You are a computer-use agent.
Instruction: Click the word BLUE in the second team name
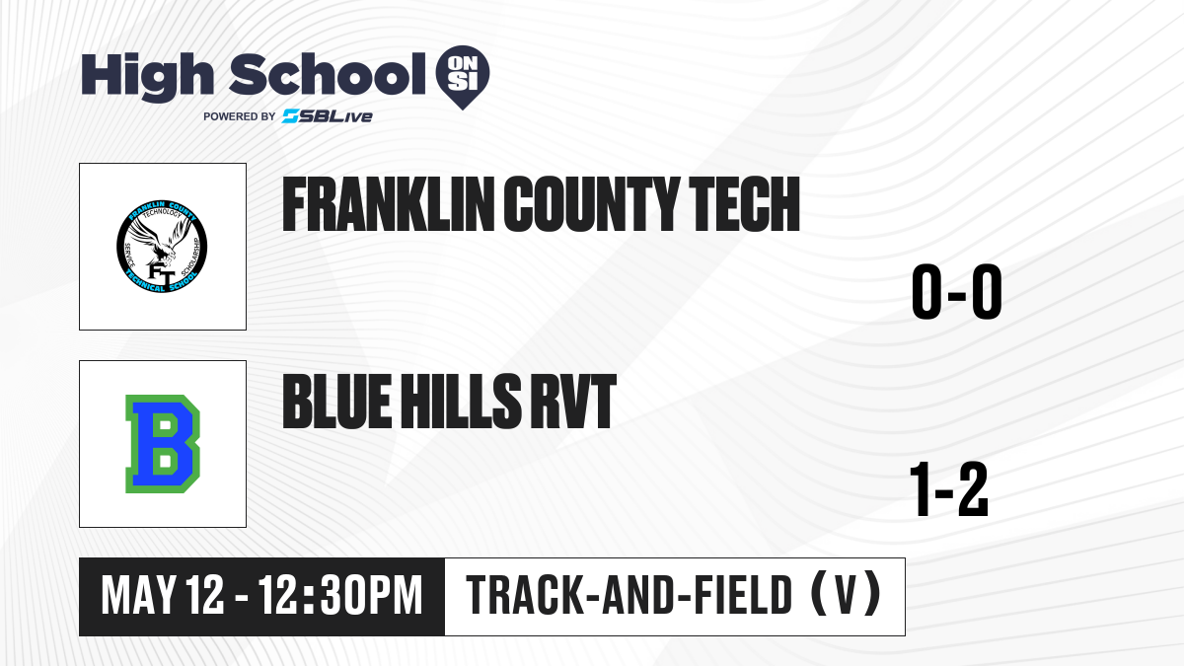(x=337, y=402)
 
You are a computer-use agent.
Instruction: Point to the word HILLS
(x=461, y=402)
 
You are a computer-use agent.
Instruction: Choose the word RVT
(x=573, y=402)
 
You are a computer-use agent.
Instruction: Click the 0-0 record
(x=957, y=291)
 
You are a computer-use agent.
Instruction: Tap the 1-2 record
(x=949, y=489)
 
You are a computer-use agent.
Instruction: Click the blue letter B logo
(x=163, y=444)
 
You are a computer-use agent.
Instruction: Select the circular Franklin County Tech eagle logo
(x=162, y=247)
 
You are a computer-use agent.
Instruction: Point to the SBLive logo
(x=328, y=116)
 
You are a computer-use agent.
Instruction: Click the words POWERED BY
(x=240, y=116)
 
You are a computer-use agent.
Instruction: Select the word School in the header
(x=328, y=73)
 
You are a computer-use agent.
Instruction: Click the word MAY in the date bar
(x=139, y=596)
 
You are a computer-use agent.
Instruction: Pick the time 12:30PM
(x=339, y=596)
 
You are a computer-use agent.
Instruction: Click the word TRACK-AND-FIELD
(x=629, y=596)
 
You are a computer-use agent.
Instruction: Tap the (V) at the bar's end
(x=846, y=596)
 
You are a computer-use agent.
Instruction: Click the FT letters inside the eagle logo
(x=161, y=275)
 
